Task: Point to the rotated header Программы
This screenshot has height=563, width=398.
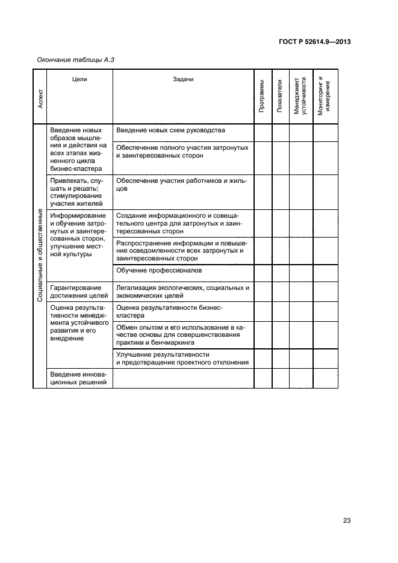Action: [262, 97]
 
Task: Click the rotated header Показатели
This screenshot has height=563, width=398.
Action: [280, 97]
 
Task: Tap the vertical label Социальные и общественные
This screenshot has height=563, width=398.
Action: [40, 256]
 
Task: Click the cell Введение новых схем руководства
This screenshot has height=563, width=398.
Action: [170, 131]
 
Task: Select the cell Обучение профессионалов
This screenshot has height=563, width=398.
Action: [159, 271]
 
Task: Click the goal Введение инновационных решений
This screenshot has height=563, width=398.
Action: [78, 378]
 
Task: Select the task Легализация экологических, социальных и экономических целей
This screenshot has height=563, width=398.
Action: [182, 292]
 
